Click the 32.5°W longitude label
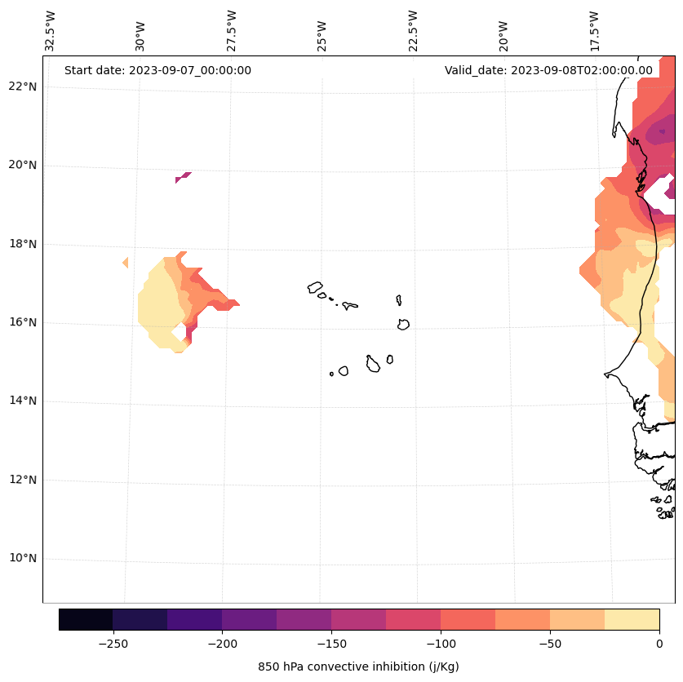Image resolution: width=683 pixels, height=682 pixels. pos(51,31)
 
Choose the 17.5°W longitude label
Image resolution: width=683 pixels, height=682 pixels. pos(594,31)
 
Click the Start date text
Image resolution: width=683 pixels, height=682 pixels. pos(157,70)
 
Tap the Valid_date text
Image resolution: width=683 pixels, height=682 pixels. pos(548,70)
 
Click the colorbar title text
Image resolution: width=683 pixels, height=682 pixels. pos(358,666)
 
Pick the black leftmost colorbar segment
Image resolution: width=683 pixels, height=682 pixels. pos(86,619)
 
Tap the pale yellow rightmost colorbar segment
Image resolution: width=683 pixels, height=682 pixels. pos(632,619)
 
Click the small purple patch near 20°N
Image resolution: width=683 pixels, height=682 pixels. pos(183,177)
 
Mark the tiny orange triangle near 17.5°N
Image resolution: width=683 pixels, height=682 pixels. pos(126,263)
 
